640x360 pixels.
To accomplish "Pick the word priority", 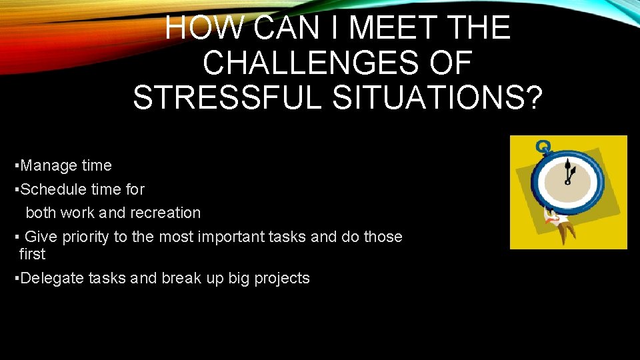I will (84, 237).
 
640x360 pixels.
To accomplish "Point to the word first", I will (32, 254).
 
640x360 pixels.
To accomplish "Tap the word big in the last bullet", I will (239, 278).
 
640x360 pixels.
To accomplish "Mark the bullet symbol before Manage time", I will (17, 165).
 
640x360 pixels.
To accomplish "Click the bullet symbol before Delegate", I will (17, 278).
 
